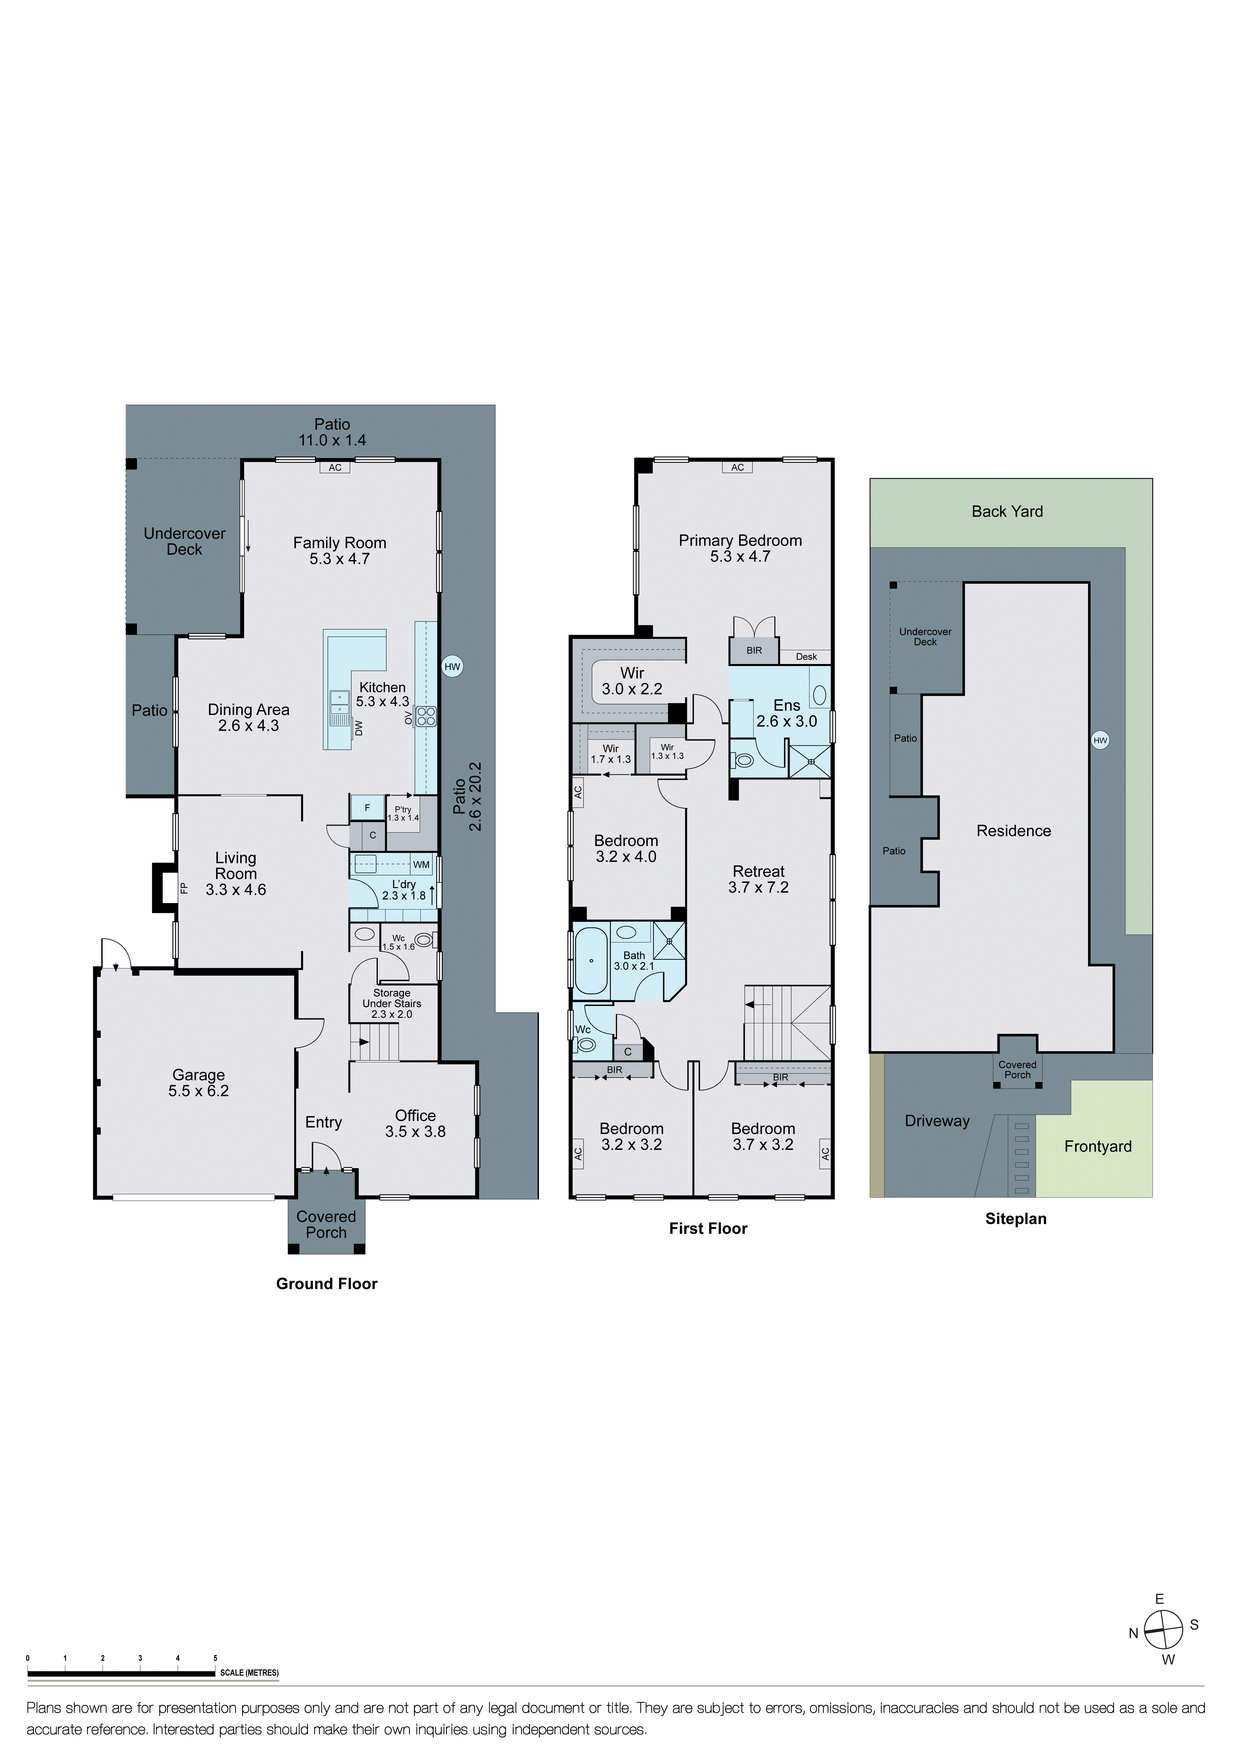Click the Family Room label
point(340,551)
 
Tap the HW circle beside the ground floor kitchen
point(452,667)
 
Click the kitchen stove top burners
point(425,716)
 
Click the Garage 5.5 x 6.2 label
point(199,1083)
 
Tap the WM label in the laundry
point(421,864)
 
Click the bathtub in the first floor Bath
point(591,960)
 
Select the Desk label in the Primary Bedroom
point(806,656)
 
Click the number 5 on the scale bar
point(215,1658)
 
